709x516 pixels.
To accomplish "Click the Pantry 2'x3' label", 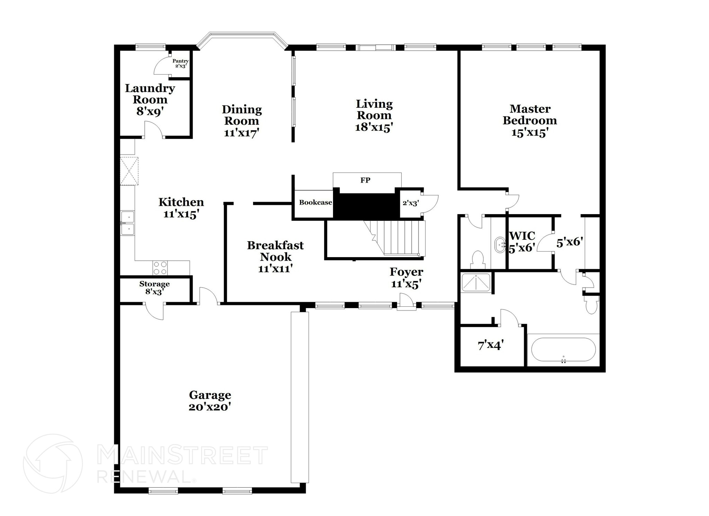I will coord(180,63).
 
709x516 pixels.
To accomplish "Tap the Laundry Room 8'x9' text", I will coord(150,99).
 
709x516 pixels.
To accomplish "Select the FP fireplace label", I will coord(365,180).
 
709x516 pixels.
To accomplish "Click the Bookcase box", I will coord(315,203).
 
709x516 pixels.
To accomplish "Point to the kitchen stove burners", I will coord(160,268).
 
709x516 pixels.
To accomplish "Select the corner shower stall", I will coord(476,282).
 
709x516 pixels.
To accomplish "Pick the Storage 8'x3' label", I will coord(154,288).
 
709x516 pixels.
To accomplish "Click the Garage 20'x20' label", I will coord(210,401).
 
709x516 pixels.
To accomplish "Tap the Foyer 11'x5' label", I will coord(406,278).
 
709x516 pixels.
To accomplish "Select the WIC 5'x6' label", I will coord(522,242).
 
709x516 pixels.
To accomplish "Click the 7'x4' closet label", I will coord(490,345).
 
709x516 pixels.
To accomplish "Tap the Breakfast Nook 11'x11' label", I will coord(276,257).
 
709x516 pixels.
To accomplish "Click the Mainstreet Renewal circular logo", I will coord(53,463).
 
